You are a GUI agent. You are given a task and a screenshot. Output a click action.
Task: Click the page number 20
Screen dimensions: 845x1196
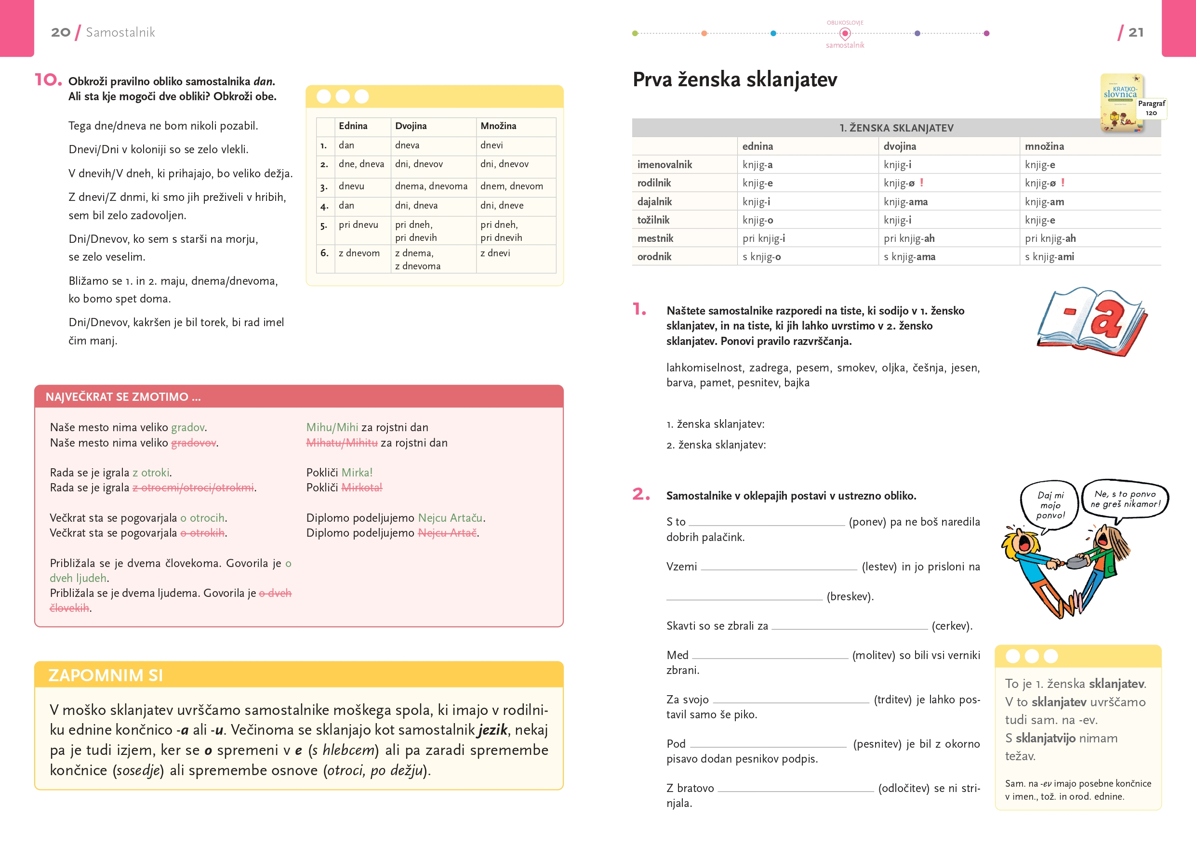pyautogui.click(x=60, y=32)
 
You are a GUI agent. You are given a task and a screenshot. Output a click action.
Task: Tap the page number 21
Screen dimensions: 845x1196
pyautogui.click(x=1136, y=32)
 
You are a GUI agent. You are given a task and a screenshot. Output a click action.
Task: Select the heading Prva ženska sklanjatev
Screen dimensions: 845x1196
pyautogui.click(x=734, y=79)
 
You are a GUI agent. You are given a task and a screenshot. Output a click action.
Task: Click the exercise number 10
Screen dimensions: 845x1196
pyautogui.click(x=47, y=79)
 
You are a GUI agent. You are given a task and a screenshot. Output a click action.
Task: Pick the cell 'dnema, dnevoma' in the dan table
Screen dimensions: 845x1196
pyautogui.click(x=431, y=186)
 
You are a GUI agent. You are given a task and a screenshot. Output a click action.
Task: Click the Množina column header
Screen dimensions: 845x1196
pyautogui.click(x=498, y=126)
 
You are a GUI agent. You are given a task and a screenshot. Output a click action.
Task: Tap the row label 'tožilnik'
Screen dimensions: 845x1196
pyautogui.click(x=653, y=220)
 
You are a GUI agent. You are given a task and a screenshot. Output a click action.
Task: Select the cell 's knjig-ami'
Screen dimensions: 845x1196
pyautogui.click(x=1049, y=257)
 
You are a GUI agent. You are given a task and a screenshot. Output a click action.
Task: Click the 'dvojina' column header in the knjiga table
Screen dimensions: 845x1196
pyautogui.click(x=899, y=146)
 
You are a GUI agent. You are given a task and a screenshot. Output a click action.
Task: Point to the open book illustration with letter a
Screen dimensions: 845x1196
pyautogui.click(x=1091, y=323)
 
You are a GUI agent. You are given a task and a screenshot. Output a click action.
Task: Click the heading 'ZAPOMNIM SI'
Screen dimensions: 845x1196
pyautogui.click(x=105, y=675)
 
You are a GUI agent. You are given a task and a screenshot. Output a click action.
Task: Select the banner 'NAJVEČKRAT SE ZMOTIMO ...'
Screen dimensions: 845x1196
pyautogui.click(x=123, y=397)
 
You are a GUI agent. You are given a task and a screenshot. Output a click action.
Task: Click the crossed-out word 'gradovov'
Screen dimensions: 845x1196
pyautogui.click(x=193, y=443)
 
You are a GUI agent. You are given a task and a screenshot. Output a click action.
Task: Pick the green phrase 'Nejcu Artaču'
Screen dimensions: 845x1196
pyautogui.click(x=450, y=518)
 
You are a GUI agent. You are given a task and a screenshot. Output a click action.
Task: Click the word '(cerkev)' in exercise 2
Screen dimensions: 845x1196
pyautogui.click(x=952, y=626)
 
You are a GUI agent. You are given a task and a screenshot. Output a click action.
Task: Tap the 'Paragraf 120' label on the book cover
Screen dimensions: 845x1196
pyautogui.click(x=1151, y=108)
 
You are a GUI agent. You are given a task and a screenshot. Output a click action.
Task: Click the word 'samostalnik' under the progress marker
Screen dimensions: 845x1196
pyautogui.click(x=844, y=45)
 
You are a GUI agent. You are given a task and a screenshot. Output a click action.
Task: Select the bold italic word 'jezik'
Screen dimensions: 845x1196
pyautogui.click(x=492, y=730)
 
